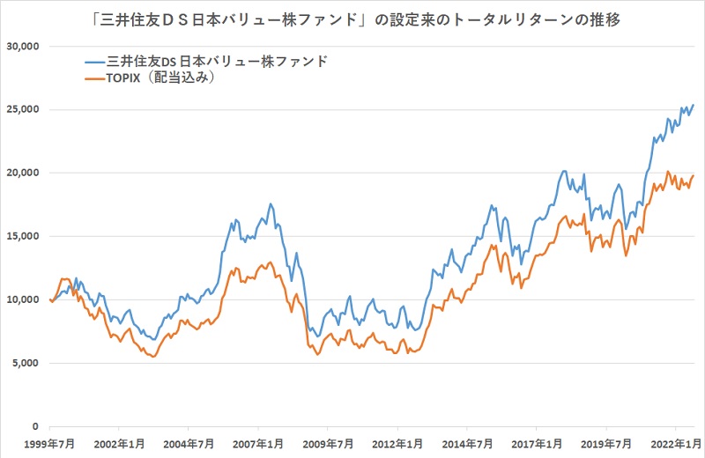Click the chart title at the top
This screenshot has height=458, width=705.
click(x=352, y=18)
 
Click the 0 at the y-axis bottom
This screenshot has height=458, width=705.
click(x=35, y=426)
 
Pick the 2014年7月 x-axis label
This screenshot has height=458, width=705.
click(x=467, y=442)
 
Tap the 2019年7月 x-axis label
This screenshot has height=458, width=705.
click(x=605, y=442)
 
